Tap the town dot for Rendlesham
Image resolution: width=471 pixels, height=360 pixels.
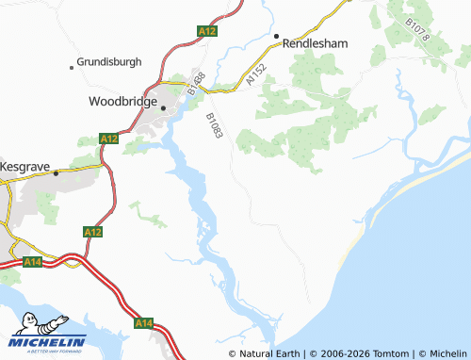pyautogui.click(x=277, y=37)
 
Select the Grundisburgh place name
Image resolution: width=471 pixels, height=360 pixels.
pyautogui.click(x=109, y=62)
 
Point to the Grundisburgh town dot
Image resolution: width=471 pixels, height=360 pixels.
pyautogui.click(x=73, y=67)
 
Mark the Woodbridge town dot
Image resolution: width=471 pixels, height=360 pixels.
pyautogui.click(x=163, y=107)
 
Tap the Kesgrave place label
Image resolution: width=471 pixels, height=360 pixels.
pyautogui.click(x=26, y=164)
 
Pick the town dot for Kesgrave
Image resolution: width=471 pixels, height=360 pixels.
pyautogui.click(x=56, y=172)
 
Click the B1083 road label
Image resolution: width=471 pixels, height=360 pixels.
pyautogui.click(x=214, y=126)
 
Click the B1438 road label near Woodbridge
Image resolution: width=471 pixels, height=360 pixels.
pyautogui.click(x=195, y=82)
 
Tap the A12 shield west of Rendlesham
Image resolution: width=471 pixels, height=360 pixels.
pyautogui.click(x=207, y=31)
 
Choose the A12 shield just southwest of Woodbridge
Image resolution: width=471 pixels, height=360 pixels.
pyautogui.click(x=108, y=139)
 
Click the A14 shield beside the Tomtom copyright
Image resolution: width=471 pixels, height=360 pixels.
pyautogui.click(x=143, y=323)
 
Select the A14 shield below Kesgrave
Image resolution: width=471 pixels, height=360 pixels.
pyautogui.click(x=32, y=261)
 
